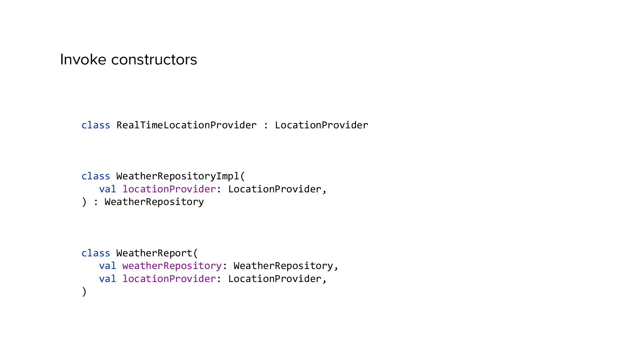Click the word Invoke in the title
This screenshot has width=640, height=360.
pos(83,60)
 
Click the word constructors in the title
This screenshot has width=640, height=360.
pos(154,60)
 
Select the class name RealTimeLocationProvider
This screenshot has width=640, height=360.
pos(186,125)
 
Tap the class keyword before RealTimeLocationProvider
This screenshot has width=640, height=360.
pos(96,125)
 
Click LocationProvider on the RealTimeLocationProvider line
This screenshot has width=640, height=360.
pos(321,125)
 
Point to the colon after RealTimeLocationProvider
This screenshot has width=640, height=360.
pos(266,125)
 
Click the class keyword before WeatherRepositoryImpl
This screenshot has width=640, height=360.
pos(96,176)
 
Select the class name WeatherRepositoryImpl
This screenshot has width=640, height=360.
pos(178,176)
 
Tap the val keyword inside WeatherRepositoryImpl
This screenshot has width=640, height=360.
pos(107,189)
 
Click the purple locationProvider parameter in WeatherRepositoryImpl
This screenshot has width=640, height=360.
pos(169,189)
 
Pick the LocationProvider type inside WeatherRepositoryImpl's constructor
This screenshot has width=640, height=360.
pos(274,189)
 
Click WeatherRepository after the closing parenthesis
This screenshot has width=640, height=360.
pos(154,202)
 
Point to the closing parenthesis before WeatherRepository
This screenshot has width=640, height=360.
pos(84,202)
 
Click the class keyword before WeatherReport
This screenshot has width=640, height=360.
pos(96,253)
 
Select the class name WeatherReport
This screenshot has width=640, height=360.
pos(154,253)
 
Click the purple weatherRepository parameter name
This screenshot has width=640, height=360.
pos(172,266)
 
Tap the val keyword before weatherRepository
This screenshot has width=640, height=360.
pos(107,266)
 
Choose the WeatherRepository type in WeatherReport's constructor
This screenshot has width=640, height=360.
pos(283,266)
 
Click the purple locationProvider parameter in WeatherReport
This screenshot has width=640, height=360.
pos(169,279)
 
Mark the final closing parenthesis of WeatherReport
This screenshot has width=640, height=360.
pos(84,292)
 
